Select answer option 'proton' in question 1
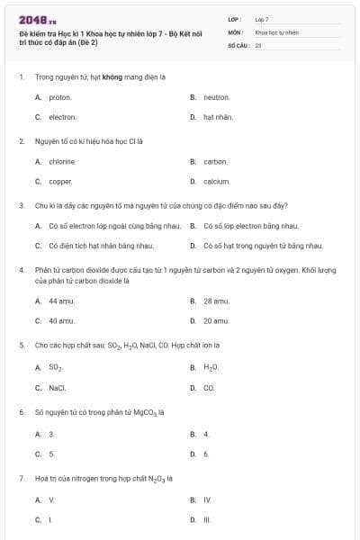coord(60,97)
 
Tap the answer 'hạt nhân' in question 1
coord(218,117)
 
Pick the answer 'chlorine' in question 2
coord(62,162)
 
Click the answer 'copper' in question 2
coord(60,182)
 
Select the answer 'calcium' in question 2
coord(217,182)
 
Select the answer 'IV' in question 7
coord(207,499)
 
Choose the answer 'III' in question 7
coord(207,519)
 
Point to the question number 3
coord(21,205)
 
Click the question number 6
coord(21,412)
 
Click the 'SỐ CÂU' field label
coord(239,43)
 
